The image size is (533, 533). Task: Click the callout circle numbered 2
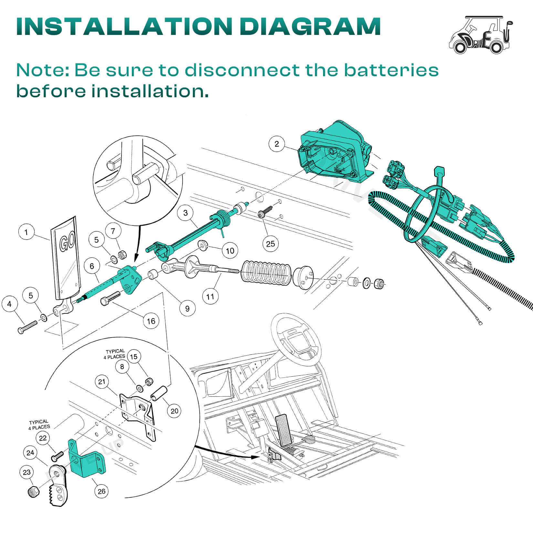(x=277, y=144)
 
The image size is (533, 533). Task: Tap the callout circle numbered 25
(x=270, y=243)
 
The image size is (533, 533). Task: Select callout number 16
(x=151, y=321)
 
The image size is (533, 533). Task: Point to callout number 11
(x=211, y=296)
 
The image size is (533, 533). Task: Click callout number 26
(x=101, y=491)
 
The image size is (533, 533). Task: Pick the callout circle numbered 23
(x=26, y=472)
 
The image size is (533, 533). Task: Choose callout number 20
(x=174, y=411)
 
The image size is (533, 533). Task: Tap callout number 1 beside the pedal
(x=26, y=232)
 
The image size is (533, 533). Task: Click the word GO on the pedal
(x=68, y=242)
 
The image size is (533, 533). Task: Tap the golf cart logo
(x=481, y=35)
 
